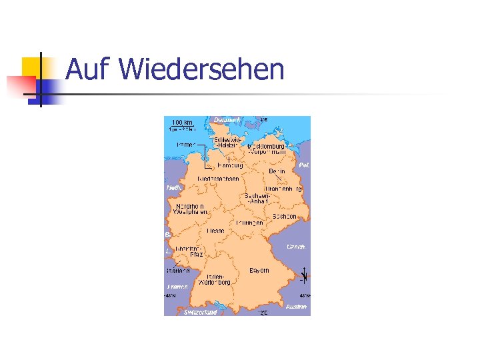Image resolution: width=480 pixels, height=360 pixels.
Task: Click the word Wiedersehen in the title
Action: [204, 69]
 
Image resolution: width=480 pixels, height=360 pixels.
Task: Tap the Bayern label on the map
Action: [259, 270]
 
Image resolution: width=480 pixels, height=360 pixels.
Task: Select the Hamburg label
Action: [230, 165]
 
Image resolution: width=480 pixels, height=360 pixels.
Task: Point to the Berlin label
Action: [277, 171]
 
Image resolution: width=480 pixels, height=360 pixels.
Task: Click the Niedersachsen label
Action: [218, 179]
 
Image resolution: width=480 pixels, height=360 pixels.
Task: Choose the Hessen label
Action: [215, 231]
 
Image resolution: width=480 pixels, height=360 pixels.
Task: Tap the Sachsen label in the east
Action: [285, 217]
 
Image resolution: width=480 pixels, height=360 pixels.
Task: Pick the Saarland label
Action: [178, 271]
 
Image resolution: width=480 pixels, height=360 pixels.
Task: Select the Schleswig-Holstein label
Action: [223, 143]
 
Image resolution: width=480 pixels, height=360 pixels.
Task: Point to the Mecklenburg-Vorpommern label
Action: [266, 149]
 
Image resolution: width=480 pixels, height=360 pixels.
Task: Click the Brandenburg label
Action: [283, 189]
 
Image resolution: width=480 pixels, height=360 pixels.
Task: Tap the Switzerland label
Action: [200, 312]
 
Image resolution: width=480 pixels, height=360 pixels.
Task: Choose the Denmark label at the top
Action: [227, 120]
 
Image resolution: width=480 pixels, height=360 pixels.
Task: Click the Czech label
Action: [296, 247]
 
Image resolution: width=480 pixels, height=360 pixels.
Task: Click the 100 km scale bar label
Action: [181, 123]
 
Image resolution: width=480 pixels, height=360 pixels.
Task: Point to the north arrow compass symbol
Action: [304, 275]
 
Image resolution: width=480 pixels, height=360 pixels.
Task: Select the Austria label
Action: [297, 307]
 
